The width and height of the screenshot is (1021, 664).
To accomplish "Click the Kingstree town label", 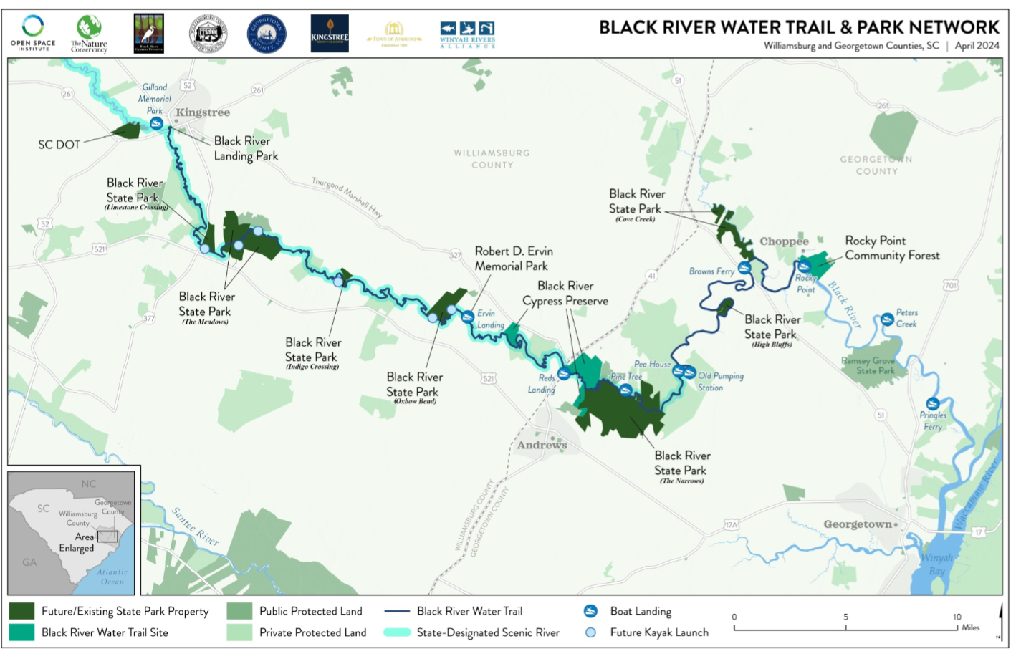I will pyautogui.click(x=203, y=112).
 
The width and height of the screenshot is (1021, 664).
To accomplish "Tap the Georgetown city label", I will pyautogui.click(x=858, y=524).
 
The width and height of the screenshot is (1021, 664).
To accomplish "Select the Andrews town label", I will pyautogui.click(x=542, y=445).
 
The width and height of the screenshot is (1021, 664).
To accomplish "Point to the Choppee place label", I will pyautogui.click(x=784, y=241).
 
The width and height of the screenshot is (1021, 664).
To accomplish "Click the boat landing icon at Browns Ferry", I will pyautogui.click(x=744, y=268).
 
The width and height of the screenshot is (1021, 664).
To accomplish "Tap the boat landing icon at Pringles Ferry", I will pyautogui.click(x=932, y=404).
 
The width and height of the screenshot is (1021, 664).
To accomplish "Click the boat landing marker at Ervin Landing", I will pyautogui.click(x=467, y=317).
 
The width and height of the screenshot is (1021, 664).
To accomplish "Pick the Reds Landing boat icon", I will pyautogui.click(x=564, y=373).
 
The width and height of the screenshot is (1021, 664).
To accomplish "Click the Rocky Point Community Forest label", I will pyautogui.click(x=891, y=248).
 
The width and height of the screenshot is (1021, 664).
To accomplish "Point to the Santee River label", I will pyautogui.click(x=195, y=526).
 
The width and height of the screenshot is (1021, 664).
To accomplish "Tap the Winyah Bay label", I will pyautogui.click(x=936, y=564).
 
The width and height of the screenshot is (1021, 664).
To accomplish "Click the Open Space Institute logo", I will pyautogui.click(x=33, y=33).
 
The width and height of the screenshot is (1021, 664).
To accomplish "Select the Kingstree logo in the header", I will pyautogui.click(x=330, y=33).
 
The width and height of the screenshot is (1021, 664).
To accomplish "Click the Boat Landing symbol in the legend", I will pyautogui.click(x=590, y=611).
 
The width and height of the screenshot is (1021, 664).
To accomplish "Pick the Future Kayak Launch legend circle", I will pyautogui.click(x=590, y=632).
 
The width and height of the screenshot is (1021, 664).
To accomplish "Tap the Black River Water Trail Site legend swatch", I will pyautogui.click(x=21, y=632).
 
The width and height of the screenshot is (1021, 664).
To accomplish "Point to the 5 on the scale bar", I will pyautogui.click(x=845, y=617).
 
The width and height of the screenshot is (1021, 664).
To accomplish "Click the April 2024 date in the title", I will pyautogui.click(x=977, y=45).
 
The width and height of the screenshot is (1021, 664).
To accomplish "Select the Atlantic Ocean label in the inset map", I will pyautogui.click(x=112, y=577).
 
